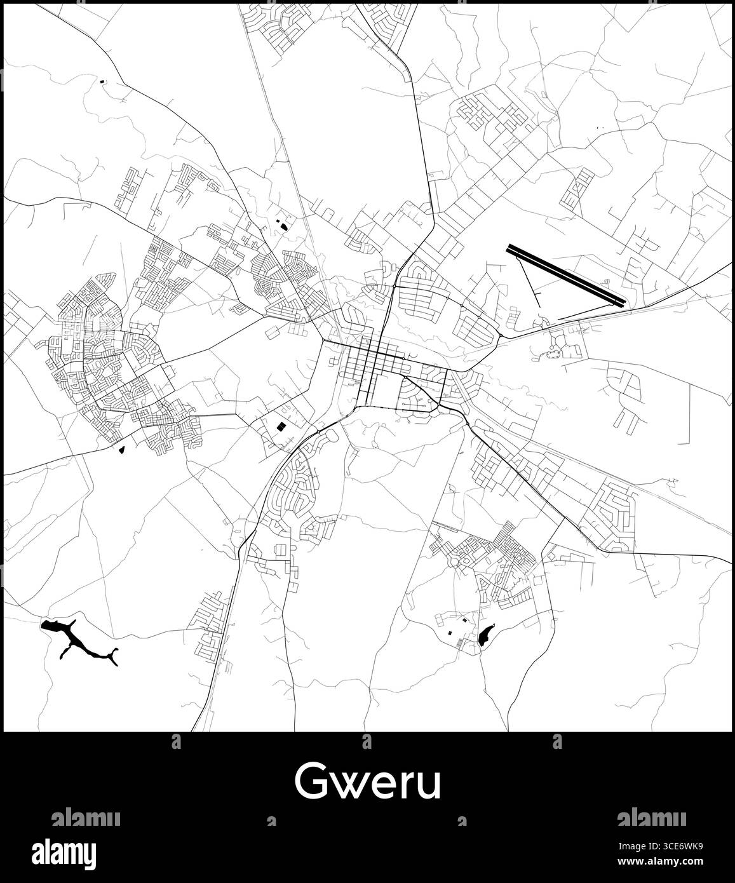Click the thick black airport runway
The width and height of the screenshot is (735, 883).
(566, 275)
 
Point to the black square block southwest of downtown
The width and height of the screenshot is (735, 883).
(280, 426)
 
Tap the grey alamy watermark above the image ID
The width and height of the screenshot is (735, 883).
(651, 818)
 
